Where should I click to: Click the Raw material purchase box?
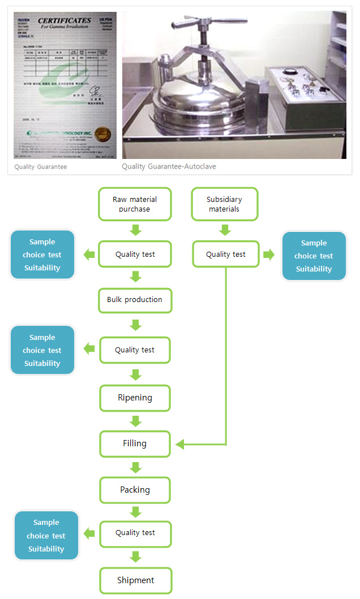point(135,204)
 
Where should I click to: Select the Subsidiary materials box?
point(225,204)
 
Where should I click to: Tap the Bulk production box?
point(135,300)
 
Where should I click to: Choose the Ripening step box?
point(135,398)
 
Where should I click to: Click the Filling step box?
point(135,443)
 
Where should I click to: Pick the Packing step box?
point(135,490)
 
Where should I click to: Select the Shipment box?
point(135,580)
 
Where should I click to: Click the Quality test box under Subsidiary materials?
point(226,255)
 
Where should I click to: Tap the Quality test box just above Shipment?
point(135,533)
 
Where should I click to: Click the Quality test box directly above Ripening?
point(135,350)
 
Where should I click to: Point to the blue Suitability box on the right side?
point(314,256)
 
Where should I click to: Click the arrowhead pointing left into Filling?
point(181,445)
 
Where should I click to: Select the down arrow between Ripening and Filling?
point(135,421)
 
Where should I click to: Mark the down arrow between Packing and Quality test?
point(135,512)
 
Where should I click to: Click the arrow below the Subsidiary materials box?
point(225,230)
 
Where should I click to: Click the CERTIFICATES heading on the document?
point(64,21)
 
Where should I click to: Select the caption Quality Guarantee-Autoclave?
point(169,167)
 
